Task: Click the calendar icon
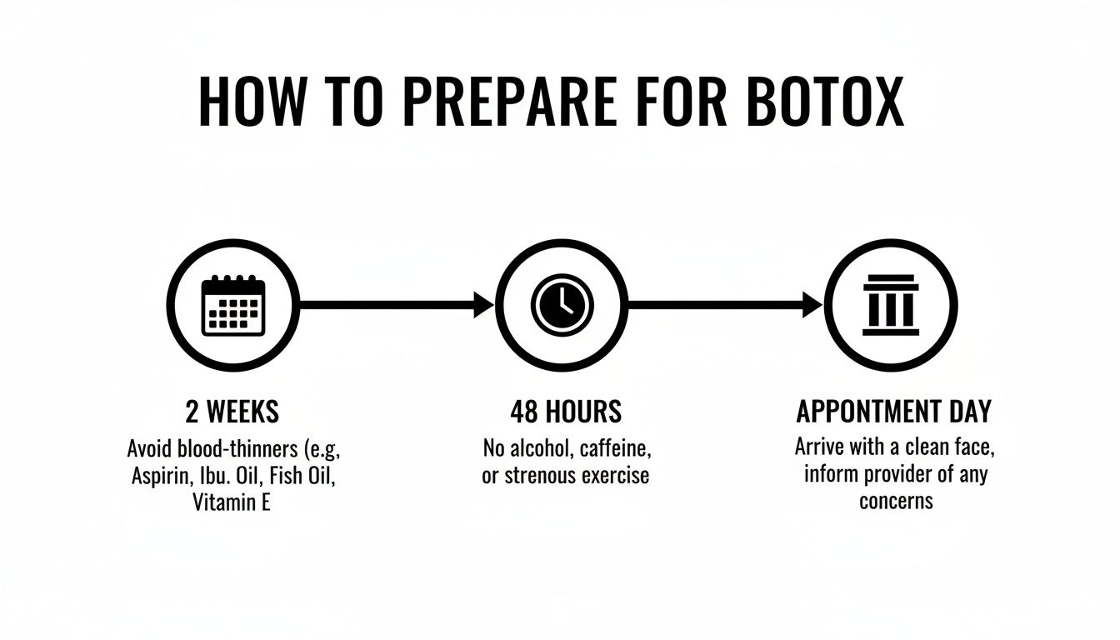coord(233,305)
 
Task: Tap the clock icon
coord(561,305)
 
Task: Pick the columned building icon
coord(890,305)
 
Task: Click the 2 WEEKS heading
coord(232,412)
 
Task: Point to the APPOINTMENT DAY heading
coord(894,412)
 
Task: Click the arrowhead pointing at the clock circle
coord(484,305)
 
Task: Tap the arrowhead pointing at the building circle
coord(812,305)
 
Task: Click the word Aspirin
coord(158,477)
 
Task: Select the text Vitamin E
coord(232,503)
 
